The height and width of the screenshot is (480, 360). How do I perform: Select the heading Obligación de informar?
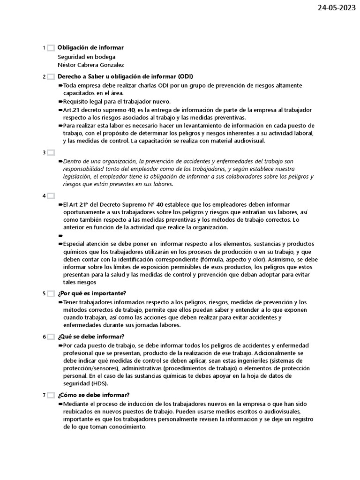(90, 48)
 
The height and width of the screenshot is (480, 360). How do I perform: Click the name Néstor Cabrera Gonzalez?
(90, 65)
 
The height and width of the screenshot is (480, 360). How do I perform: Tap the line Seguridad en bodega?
(86, 57)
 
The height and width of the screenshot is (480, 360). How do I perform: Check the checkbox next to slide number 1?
(51, 48)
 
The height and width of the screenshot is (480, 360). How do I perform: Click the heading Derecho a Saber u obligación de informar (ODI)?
(125, 76)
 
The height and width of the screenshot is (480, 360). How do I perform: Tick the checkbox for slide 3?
(51, 153)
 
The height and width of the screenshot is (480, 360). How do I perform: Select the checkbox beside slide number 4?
(51, 196)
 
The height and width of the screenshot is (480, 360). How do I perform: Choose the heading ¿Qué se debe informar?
(91, 337)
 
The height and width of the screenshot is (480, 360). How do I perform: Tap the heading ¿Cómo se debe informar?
(94, 395)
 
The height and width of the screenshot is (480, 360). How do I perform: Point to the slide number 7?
(44, 395)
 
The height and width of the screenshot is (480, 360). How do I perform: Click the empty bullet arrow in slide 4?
(60, 236)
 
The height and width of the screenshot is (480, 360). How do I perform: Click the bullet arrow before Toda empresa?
(60, 85)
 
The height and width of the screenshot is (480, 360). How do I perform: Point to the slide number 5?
(44, 294)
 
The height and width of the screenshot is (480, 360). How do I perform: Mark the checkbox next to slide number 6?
(51, 337)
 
